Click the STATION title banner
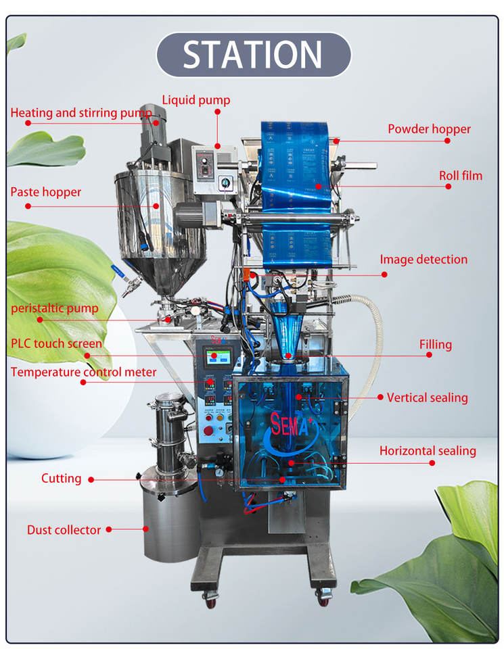coord(253,55)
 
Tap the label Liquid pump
coord(196,100)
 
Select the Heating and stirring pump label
coord(81,113)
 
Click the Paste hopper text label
coord(45,192)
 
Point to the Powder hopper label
coord(429,128)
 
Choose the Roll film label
coord(460,176)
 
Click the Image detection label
coord(423,259)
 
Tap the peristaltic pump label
coord(54,308)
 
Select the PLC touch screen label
coord(56,343)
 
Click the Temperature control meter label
coord(83,372)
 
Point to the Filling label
coord(435,344)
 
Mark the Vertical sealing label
coord(427,398)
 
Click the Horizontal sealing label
coord(428,450)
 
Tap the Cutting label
coord(61,478)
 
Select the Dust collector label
coord(64,530)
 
